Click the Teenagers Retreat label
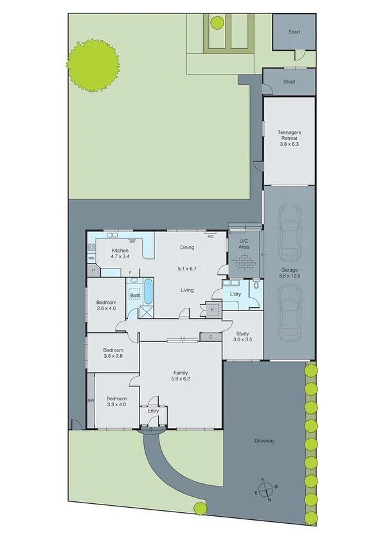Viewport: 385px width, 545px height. pos(289,138)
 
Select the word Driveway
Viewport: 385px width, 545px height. pos(264,441)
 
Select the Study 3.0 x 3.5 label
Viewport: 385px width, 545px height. pos(242,337)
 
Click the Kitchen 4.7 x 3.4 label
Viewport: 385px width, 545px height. pos(120,253)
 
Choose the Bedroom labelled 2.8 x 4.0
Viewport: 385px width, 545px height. pos(107,305)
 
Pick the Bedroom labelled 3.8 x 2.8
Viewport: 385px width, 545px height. pos(113,354)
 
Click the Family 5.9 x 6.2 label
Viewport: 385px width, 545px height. pos(180,376)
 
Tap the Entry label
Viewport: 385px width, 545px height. pos(153,411)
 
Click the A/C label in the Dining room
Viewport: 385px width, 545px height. pos(210,237)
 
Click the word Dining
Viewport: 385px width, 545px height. pos(187,247)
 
